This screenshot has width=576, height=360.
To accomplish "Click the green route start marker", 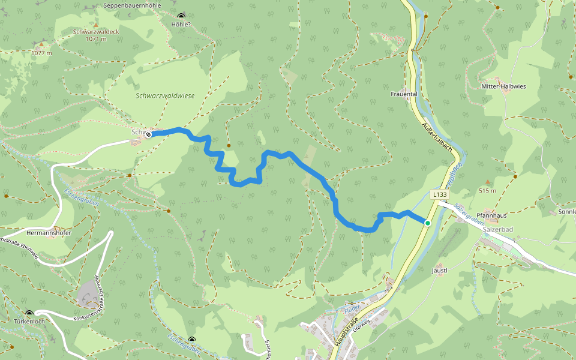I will [x=428, y=223].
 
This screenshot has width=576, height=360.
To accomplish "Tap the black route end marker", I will [x=148, y=135].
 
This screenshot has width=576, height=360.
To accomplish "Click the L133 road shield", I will [x=439, y=194].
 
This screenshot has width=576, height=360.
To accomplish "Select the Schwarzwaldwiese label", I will [x=165, y=95].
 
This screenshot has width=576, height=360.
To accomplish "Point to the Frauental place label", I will [x=403, y=94].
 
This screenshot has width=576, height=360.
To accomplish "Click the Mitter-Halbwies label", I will [x=504, y=86].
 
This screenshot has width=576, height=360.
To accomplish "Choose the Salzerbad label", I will [x=496, y=229].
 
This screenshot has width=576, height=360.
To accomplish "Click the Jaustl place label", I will [x=440, y=271].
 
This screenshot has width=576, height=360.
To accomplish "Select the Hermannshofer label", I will [x=49, y=232].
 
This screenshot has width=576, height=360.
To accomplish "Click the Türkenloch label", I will [x=29, y=322].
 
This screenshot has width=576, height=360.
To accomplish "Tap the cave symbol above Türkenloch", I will [x=29, y=313].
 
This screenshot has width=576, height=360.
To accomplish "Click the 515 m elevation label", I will [x=487, y=191].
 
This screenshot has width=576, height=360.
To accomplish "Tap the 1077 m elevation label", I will [x=41, y=53].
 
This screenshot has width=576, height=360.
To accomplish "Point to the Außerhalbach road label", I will [x=437, y=137].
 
